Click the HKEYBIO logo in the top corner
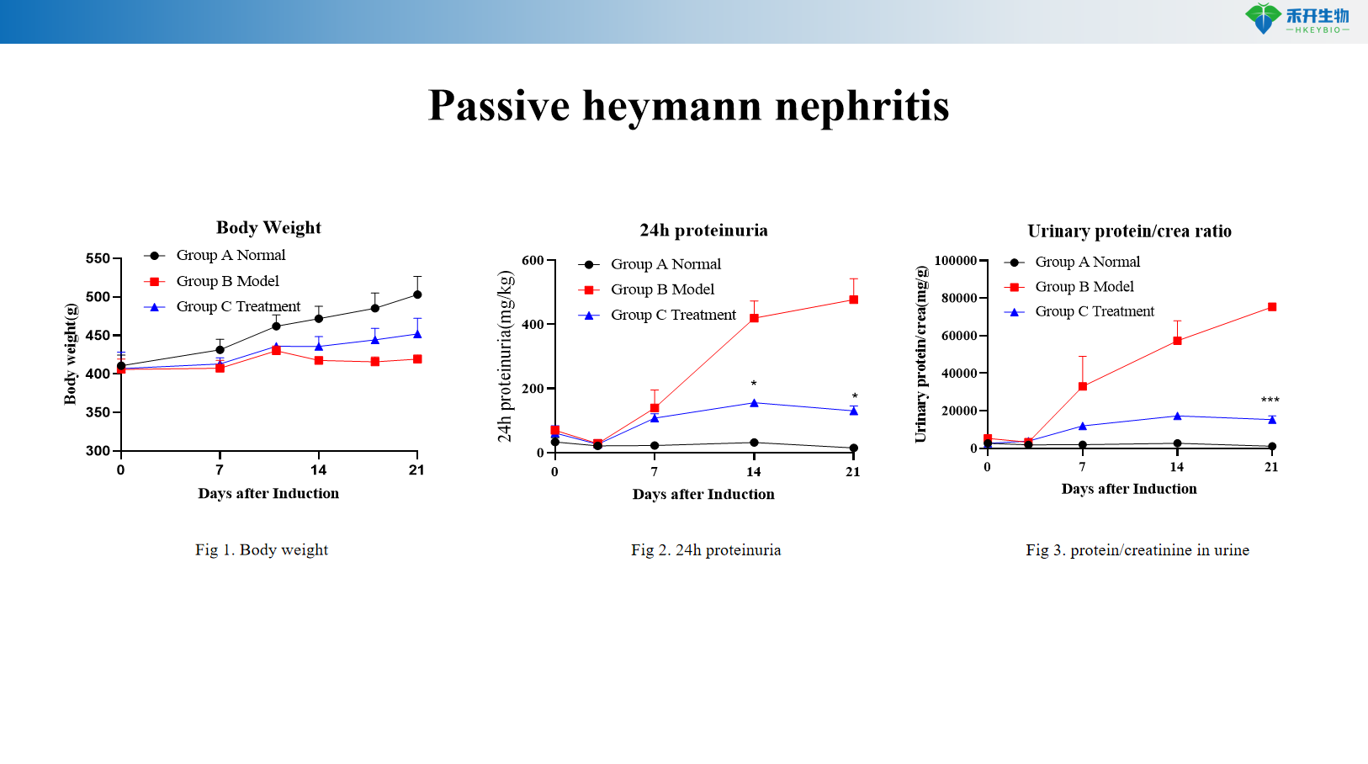[x=1296, y=19]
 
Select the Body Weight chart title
[x=268, y=227]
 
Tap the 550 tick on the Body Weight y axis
[x=98, y=258]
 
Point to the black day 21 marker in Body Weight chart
[x=417, y=294]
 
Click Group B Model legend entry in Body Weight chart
[x=227, y=281]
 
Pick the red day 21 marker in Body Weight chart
[x=417, y=359]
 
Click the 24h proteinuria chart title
[x=703, y=231]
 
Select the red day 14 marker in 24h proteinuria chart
[x=754, y=318]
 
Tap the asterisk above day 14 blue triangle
[x=754, y=385]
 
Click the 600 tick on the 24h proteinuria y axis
[x=533, y=261]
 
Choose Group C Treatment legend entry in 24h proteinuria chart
[x=672, y=315]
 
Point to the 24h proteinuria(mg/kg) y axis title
[x=505, y=356]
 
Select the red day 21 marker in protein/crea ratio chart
[x=1272, y=307]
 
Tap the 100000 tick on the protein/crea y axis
[x=956, y=261]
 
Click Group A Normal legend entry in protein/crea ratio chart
[x=1087, y=262]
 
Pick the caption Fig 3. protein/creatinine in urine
[x=1137, y=550]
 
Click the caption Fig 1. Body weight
[x=262, y=550]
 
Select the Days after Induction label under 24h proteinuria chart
[x=703, y=495]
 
